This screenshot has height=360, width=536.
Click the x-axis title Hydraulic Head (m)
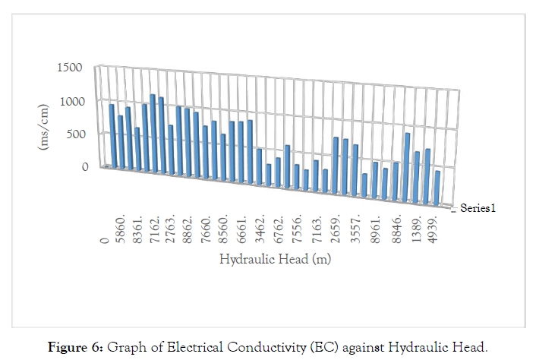[x=275, y=259]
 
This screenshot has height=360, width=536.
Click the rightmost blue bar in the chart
[x=437, y=188]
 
